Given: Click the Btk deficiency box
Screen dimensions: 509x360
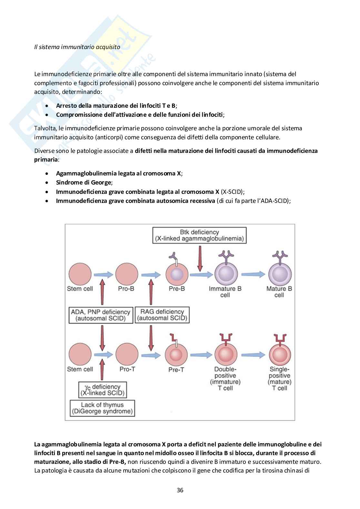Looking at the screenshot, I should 199,235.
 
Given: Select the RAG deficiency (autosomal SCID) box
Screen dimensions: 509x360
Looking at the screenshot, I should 162,315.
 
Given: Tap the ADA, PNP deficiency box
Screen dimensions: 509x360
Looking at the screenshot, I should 101,315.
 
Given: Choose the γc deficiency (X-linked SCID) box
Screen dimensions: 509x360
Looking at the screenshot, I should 102,390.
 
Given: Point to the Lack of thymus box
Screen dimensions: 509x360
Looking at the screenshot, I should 102,408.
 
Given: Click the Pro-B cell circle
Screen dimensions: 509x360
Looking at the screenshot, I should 126,274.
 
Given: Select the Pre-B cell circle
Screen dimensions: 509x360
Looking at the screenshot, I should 177,274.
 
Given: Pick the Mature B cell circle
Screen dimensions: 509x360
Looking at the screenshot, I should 279,274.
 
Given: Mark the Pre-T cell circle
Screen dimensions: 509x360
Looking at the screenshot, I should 177,354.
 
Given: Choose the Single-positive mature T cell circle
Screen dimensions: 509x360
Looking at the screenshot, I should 279,354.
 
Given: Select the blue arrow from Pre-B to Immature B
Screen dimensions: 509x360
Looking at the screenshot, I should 201,274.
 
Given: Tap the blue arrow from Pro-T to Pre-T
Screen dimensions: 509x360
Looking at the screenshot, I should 151,355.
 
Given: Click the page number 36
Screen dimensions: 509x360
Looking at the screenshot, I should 180,490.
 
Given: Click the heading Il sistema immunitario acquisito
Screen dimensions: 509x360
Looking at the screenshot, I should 77,47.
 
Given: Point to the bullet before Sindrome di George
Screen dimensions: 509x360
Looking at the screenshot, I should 47,183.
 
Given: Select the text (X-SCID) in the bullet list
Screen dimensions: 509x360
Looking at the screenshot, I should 232,192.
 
